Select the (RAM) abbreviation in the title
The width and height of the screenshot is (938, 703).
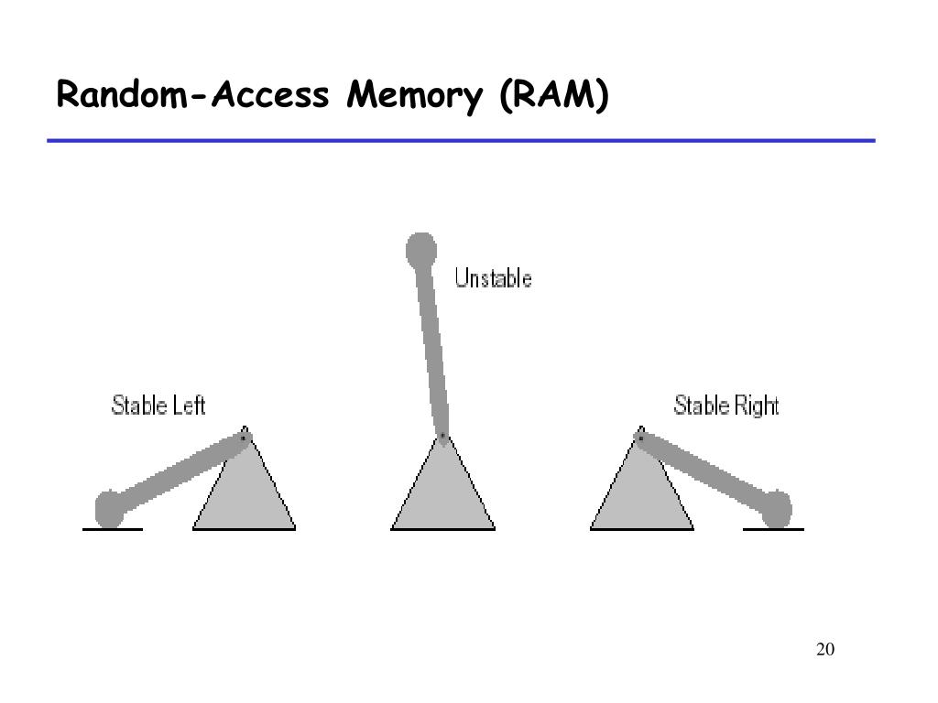pyautogui.click(x=553, y=95)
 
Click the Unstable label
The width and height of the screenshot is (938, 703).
pyautogui.click(x=493, y=278)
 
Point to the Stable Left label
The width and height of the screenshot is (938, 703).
pyautogui.click(x=158, y=405)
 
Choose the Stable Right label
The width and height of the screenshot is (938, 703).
pyautogui.click(x=726, y=405)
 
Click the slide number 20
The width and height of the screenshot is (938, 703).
pyautogui.click(x=824, y=650)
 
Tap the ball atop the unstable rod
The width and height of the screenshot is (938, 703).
pyautogui.click(x=420, y=248)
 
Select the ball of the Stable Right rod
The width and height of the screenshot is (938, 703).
pyautogui.click(x=777, y=509)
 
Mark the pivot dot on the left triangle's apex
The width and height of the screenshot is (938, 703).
pyautogui.click(x=244, y=438)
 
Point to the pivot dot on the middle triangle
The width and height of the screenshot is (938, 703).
pyautogui.click(x=442, y=436)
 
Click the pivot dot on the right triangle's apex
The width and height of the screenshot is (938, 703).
pyautogui.click(x=640, y=438)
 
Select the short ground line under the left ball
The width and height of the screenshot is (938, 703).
pyautogui.click(x=113, y=529)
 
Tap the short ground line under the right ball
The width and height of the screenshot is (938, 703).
pyautogui.click(x=773, y=529)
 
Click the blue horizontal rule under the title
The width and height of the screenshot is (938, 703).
pyautogui.click(x=462, y=141)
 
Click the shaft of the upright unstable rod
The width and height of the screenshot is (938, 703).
pyautogui.click(x=431, y=348)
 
